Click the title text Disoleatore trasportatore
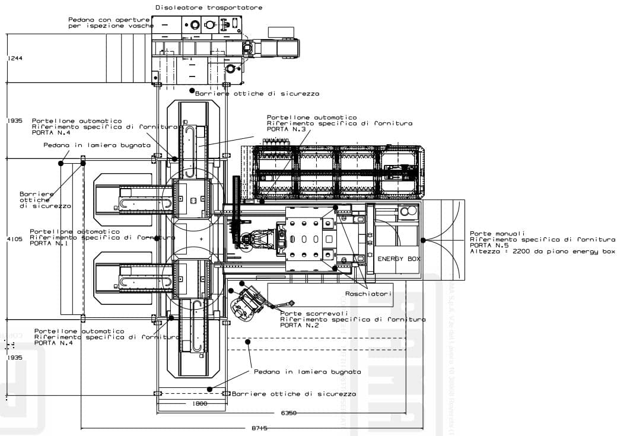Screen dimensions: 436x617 pyautogui.click(x=208, y=8)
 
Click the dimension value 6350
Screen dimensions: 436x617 pyautogui.click(x=290, y=413)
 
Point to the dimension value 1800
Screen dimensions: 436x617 pyautogui.click(x=200, y=403)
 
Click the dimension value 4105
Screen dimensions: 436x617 pyautogui.click(x=14, y=240)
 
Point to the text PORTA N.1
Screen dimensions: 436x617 pyautogui.click(x=51, y=243)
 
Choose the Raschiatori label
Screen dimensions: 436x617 pyautogui.click(x=368, y=294)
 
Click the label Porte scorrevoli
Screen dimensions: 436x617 pyautogui.click(x=314, y=313)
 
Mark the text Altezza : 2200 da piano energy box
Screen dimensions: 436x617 pyautogui.click(x=542, y=252)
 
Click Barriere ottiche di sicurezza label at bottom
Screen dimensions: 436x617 pyautogui.click(x=294, y=394)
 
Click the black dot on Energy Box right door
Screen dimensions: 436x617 pyautogui.click(x=424, y=240)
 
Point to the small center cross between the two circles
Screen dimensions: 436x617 pyautogui.click(x=201, y=238)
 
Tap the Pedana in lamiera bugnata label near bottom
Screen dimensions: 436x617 pyautogui.click(x=307, y=372)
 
